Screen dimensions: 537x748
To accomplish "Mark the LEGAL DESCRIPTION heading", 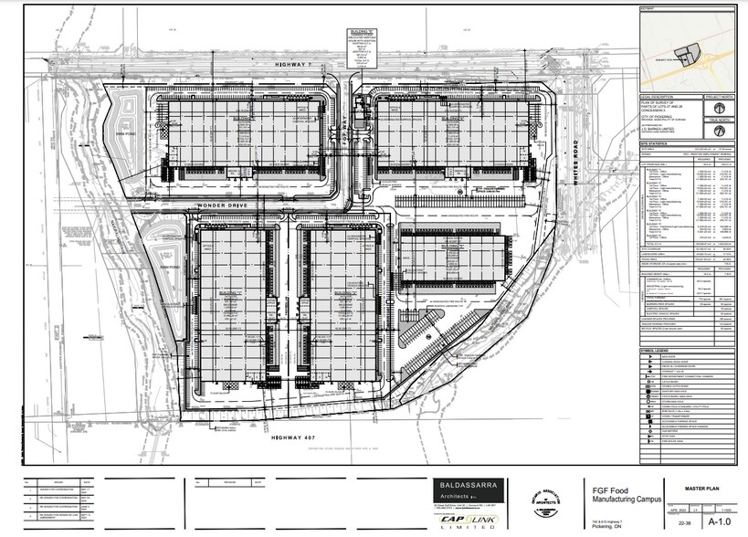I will coord(658,96).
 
